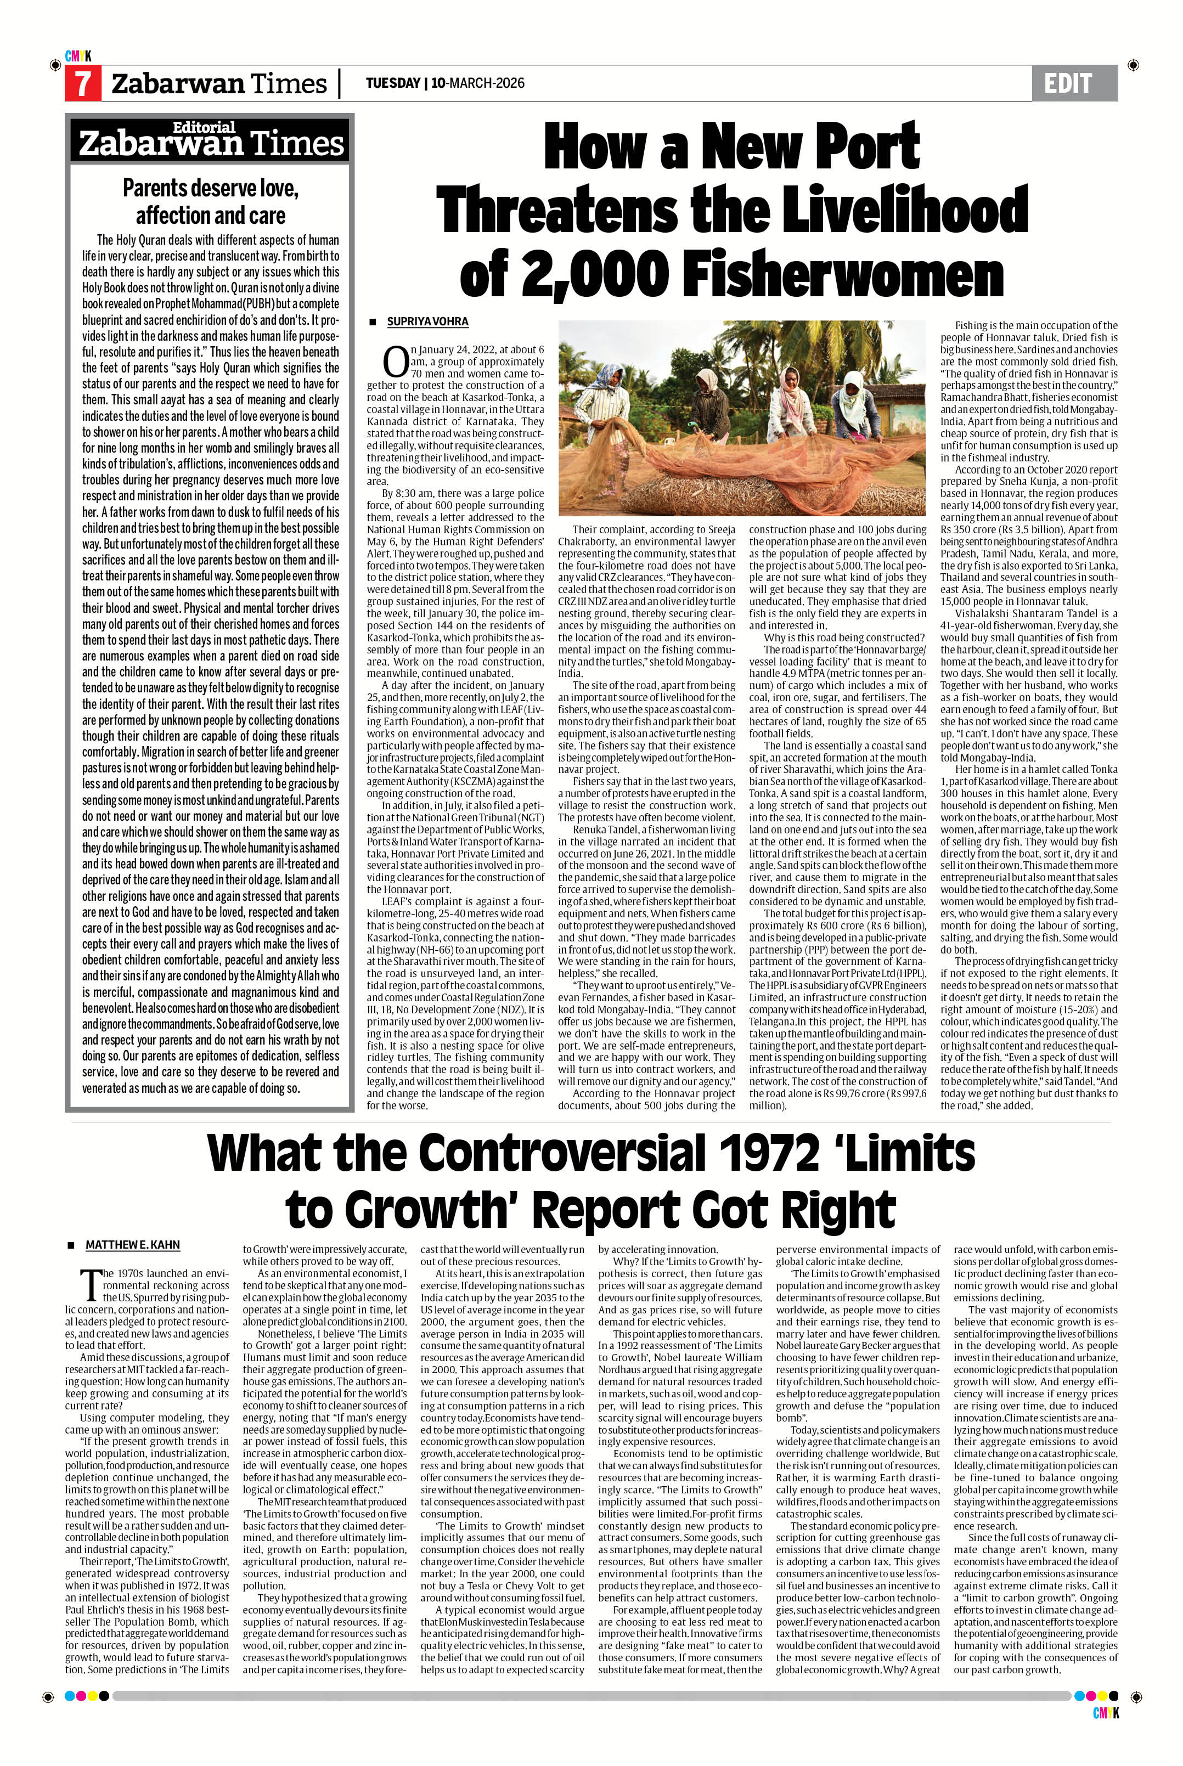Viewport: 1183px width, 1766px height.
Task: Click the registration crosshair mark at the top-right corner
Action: coord(1133,66)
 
